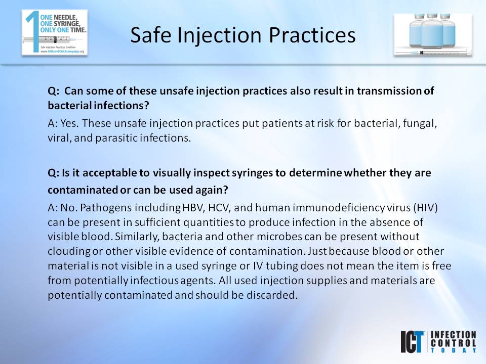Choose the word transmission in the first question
click(x=393, y=91)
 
